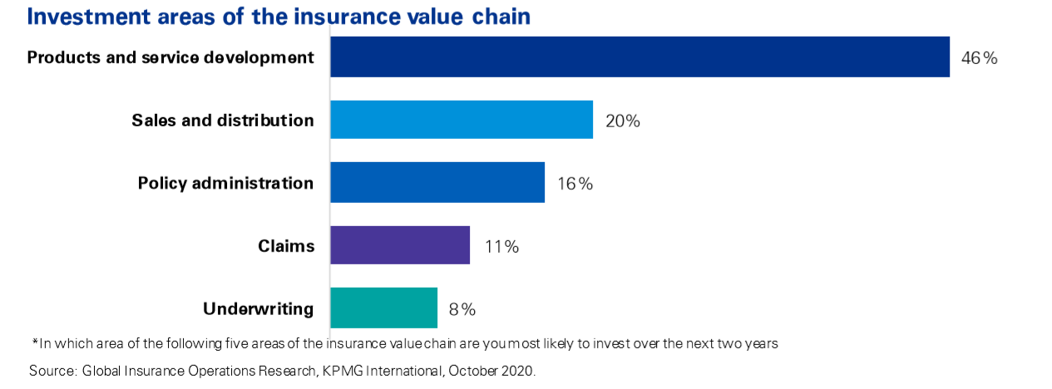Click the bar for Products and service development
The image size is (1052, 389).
(x=640, y=57)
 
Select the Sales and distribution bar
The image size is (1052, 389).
(x=462, y=120)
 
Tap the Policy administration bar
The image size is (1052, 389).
(x=437, y=183)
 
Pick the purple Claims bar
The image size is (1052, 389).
(x=400, y=245)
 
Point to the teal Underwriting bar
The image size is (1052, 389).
(x=383, y=308)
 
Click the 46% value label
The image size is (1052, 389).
(x=979, y=58)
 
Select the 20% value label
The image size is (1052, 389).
(x=623, y=121)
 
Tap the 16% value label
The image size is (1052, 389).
(x=575, y=184)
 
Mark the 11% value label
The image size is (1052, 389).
(x=501, y=247)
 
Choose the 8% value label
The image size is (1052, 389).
(x=462, y=309)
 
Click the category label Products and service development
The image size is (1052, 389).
(x=170, y=57)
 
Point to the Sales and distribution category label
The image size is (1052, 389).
(x=223, y=120)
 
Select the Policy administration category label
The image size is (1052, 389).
(x=225, y=183)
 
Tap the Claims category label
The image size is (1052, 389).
(x=286, y=246)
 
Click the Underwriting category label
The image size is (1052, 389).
(x=259, y=309)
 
